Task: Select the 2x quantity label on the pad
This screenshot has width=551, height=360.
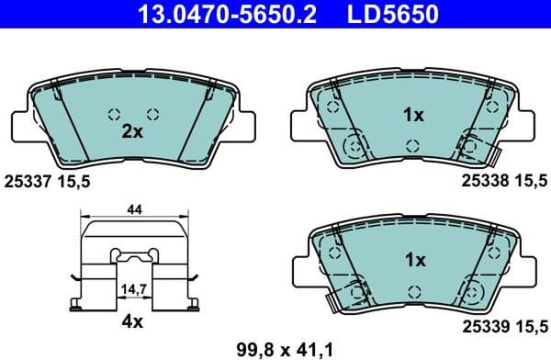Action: pos(132,131)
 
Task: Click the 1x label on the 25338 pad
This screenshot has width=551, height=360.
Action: pos(414,116)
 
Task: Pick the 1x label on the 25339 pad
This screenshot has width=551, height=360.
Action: pos(414,261)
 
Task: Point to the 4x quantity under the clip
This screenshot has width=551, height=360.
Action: pos(132,321)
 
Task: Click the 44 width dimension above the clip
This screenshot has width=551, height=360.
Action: pos(134,210)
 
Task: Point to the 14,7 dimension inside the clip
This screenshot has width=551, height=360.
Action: pos(134,288)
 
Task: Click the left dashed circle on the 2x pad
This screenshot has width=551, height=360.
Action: pos(115,115)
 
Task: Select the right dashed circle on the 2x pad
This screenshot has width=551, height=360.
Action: pos(153,115)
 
